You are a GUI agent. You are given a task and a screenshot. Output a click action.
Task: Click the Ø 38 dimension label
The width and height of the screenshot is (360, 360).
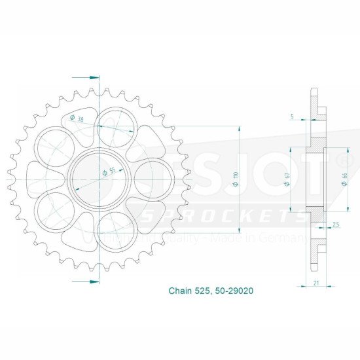[x=76, y=118]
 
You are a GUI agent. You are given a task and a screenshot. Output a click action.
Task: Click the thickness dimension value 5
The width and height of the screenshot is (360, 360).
[x=292, y=117]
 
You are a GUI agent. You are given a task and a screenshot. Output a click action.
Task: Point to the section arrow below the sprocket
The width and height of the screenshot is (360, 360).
[x=93, y=280]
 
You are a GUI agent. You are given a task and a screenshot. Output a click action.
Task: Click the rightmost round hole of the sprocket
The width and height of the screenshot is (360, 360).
[x=154, y=179]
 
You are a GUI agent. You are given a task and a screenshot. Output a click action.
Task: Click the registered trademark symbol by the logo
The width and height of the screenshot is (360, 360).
[x=342, y=159]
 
